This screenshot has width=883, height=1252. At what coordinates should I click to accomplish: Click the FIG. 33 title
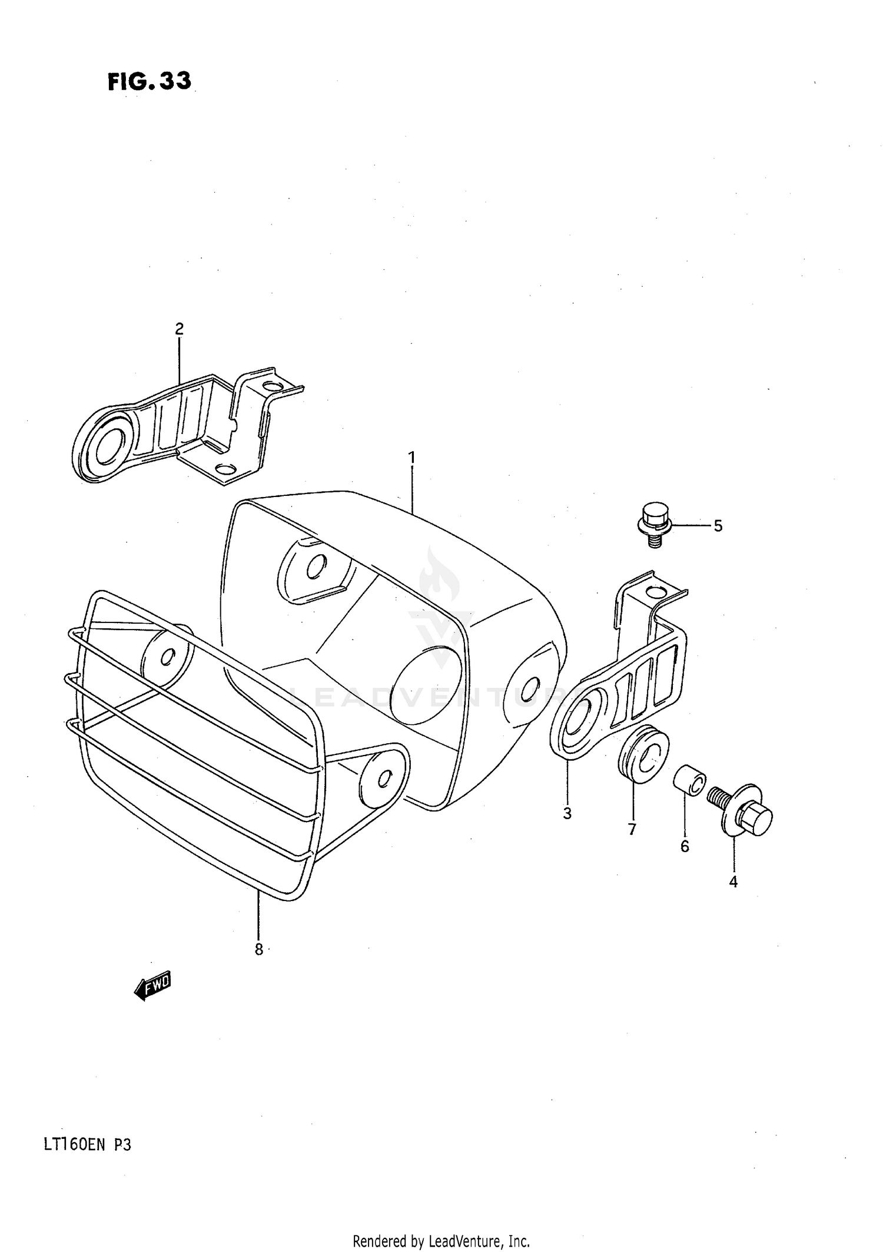point(150,81)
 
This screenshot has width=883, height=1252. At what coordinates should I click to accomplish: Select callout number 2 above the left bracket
point(179,329)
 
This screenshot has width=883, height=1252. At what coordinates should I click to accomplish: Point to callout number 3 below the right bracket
point(567,814)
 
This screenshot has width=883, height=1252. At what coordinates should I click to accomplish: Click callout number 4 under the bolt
point(733,882)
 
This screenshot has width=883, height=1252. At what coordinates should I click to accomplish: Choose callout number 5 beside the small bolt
point(718,526)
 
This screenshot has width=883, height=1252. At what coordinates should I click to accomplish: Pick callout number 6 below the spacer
point(685,846)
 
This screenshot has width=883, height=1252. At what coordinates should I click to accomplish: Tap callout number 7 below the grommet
point(632,829)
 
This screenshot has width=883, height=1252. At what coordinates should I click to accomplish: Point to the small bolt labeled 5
point(653,524)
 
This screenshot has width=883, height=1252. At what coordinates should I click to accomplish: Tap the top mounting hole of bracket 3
point(653,591)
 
